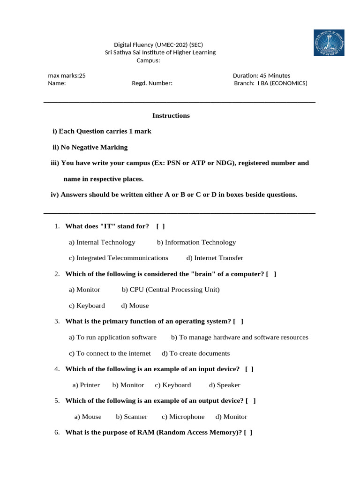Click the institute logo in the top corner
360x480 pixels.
point(329,43)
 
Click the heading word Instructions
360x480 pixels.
point(171,116)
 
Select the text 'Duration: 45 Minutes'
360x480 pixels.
point(261,75)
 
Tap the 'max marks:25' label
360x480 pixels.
point(67,75)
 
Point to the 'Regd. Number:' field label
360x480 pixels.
point(152,83)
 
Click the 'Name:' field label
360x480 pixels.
point(57,83)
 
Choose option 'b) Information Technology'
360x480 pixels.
point(196,242)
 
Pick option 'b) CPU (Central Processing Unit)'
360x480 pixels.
point(171,290)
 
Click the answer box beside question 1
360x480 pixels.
point(160,226)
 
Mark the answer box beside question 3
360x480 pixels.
point(238,322)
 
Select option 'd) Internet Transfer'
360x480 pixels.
point(215,258)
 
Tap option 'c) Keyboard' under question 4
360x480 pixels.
point(173,385)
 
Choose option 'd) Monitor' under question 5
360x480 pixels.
point(231,417)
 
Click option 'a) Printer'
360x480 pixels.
point(86,385)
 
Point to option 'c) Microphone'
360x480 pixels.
point(183,417)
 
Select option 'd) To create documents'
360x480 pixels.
point(195,353)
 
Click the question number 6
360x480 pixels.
point(57,433)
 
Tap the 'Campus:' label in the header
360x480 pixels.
point(148,60)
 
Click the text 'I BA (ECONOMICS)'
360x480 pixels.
point(282,83)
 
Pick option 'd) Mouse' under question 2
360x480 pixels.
point(135,306)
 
